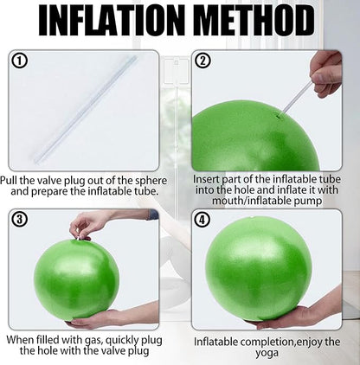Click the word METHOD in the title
coord(254,21)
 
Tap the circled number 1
coord(20,61)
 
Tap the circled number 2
coord(203,61)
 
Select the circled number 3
coord(19,220)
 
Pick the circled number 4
coord(202,221)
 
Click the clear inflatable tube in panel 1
coord(86,110)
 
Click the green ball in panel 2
coord(255,136)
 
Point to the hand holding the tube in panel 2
coord(326,74)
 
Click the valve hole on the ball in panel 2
coord(279,116)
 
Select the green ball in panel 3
coord(77,279)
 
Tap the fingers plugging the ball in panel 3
coord(80,230)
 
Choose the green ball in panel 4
coord(259,268)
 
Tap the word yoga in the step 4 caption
coord(267,353)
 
